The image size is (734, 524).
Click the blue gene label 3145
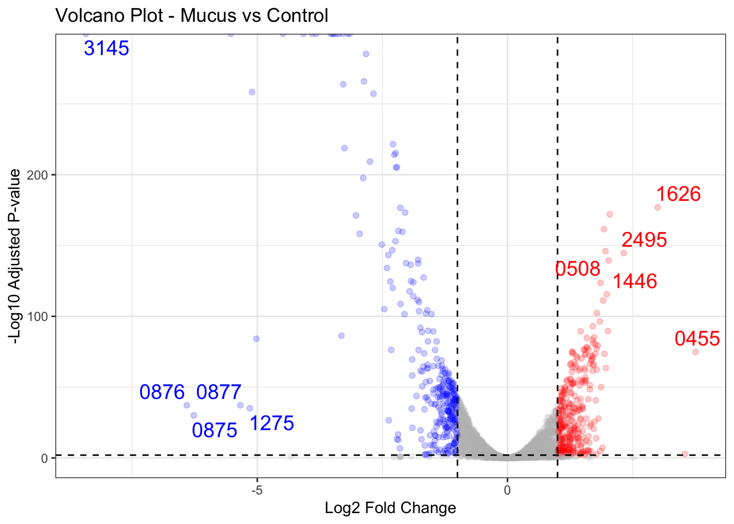tap(106, 49)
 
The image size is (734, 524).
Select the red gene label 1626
tap(678, 194)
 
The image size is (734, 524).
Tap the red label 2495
tap(644, 240)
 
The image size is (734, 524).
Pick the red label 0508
tap(577, 269)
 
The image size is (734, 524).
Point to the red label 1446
tap(634, 282)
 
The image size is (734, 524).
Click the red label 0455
tap(697, 339)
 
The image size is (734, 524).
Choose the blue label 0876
tap(162, 392)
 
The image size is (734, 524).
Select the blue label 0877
tap(218, 392)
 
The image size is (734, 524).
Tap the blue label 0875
tap(214, 431)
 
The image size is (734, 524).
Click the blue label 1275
tap(271, 424)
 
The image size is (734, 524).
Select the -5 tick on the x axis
tap(257, 490)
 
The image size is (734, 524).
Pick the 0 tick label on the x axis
tap(507, 490)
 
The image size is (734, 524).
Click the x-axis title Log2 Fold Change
tap(390, 508)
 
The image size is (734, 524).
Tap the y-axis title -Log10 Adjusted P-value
tap(15, 256)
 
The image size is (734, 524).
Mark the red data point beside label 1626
tap(658, 207)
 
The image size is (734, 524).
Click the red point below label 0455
tap(695, 352)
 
